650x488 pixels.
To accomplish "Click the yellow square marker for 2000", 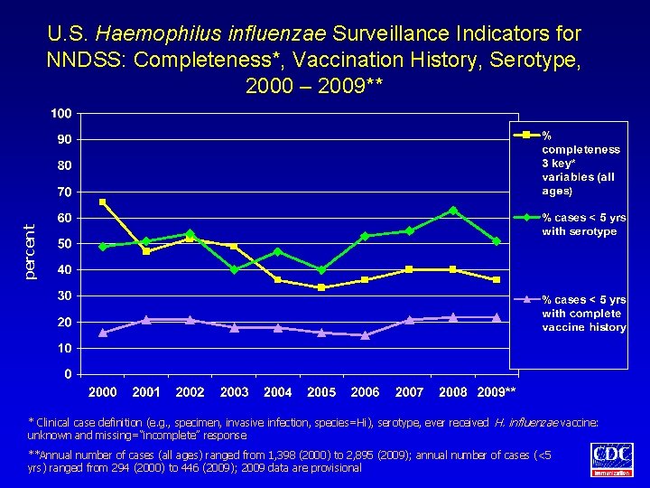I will click(103, 202).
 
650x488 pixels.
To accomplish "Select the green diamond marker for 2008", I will click(453, 211).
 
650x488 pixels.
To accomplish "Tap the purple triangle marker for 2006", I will click(366, 335).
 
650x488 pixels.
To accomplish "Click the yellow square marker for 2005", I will click(321, 287).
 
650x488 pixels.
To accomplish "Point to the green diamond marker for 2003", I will click(234, 269).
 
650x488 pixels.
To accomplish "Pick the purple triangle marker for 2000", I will click(103, 333).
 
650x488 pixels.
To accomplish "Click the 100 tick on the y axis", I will click(61, 114).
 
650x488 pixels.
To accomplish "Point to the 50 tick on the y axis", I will click(65, 244).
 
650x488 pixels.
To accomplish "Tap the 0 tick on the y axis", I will click(69, 374).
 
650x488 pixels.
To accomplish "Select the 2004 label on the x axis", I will click(277, 392).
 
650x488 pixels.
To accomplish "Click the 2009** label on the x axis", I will click(497, 392).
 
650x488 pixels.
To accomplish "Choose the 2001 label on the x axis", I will click(146, 392).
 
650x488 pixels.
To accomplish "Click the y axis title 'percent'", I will click(31, 251).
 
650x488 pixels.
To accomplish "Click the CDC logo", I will click(611, 460).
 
